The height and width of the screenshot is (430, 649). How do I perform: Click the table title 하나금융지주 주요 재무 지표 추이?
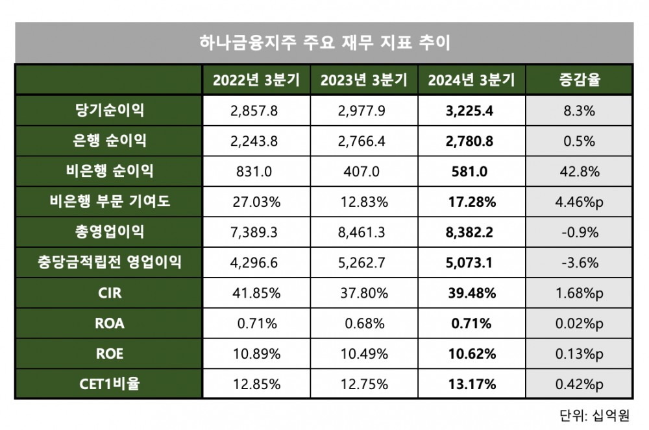point(324,43)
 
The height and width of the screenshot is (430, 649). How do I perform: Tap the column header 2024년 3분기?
point(471,80)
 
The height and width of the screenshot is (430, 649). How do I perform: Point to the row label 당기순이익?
point(109,110)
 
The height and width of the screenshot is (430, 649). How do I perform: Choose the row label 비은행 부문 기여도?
point(109,202)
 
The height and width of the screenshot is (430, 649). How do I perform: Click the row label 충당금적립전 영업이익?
point(109,263)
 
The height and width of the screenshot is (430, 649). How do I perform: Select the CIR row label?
point(109,293)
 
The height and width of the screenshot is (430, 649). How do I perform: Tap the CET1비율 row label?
point(109,385)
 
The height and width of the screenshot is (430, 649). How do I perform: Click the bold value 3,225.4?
point(470,111)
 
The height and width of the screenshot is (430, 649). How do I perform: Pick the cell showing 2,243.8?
point(254,141)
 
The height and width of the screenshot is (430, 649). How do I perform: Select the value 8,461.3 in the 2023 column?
point(361,232)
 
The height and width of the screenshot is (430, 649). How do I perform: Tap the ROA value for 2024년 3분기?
point(470,324)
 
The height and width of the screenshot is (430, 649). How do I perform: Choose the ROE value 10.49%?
point(361,354)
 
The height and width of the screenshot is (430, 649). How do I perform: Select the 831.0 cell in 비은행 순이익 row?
point(254,172)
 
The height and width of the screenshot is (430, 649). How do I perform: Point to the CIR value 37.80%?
point(361,293)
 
